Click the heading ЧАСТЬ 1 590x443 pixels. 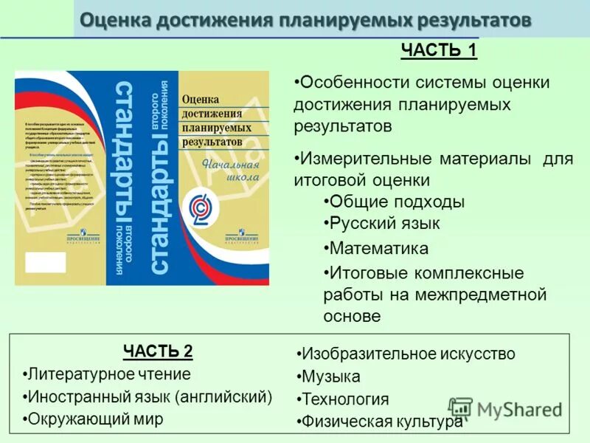click(439, 51)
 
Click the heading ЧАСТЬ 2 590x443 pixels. click(158, 350)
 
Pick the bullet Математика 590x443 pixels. click(378, 248)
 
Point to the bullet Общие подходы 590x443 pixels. click(396, 202)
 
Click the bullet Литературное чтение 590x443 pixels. click(108, 374)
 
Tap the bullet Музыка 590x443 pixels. click(330, 377)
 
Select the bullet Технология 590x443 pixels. click(344, 399)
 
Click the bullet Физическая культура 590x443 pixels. click(381, 422)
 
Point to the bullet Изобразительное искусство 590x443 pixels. click(408, 354)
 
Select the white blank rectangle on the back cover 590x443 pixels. click(45, 264)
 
